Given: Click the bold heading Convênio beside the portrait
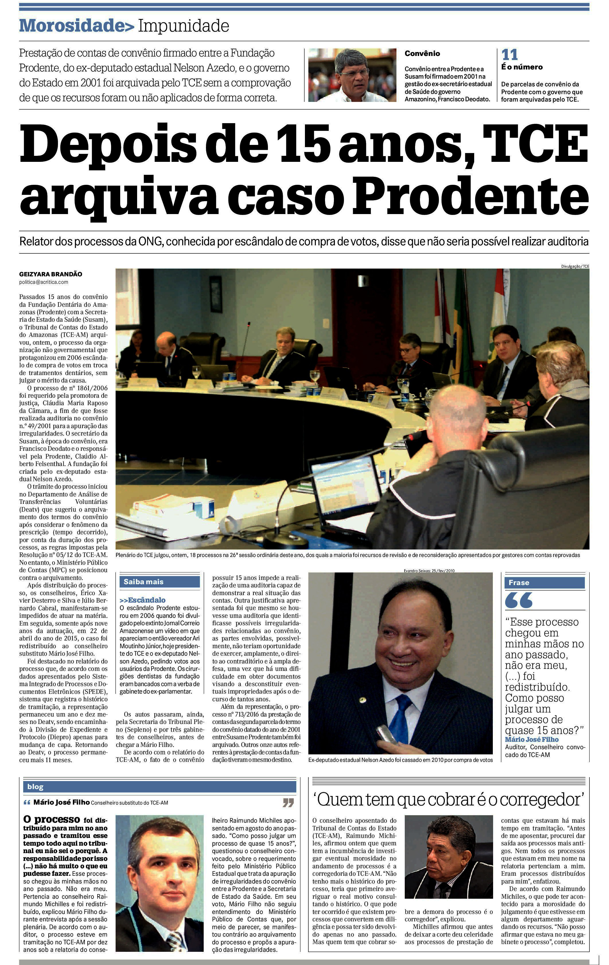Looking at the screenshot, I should coord(422,53).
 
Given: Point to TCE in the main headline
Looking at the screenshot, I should coord(535,143).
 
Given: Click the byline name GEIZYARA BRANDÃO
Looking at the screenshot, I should coord(50,274).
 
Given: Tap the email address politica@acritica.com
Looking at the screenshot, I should coord(44,282).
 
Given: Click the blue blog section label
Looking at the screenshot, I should coord(35,787).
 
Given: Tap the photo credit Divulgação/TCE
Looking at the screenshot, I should coord(575,266).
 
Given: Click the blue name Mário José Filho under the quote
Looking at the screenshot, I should coord(531,739).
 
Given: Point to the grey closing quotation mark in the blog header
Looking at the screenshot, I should coord(288,802).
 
